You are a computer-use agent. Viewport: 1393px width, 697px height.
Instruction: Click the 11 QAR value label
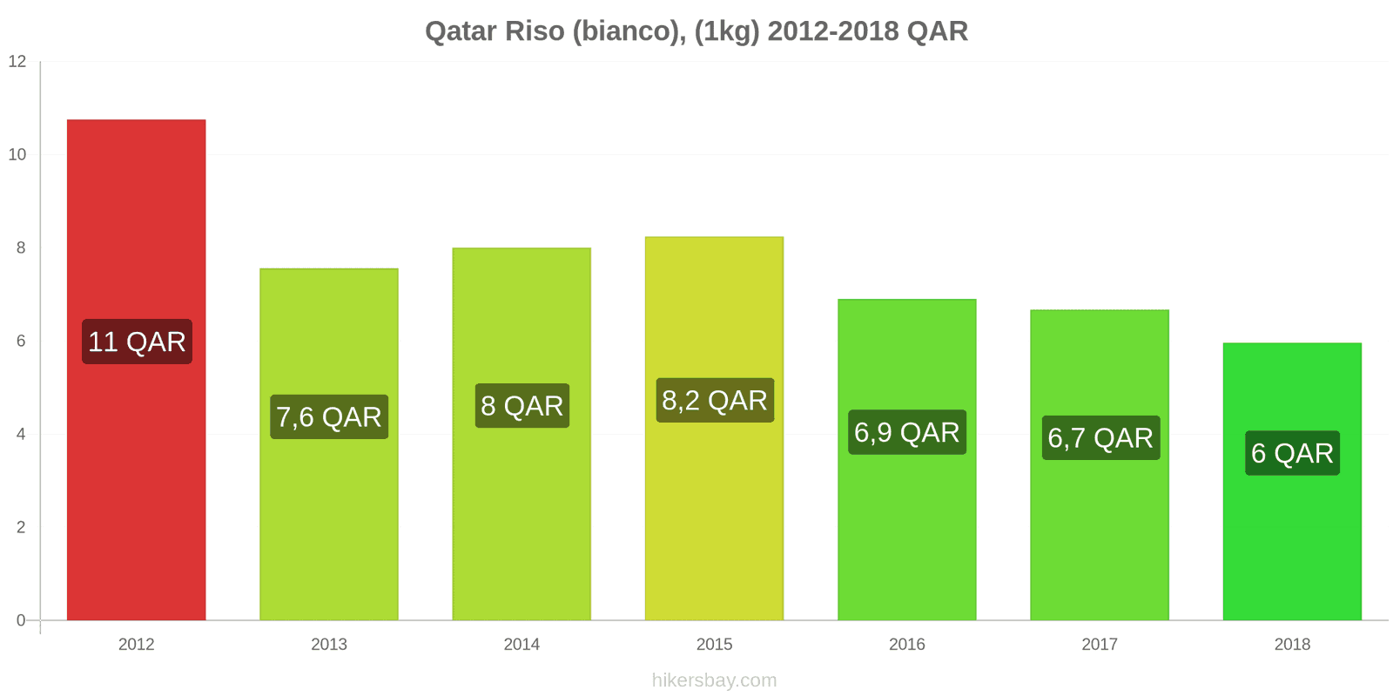pos(137,342)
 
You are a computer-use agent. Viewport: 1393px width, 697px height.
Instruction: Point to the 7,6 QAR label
pos(329,417)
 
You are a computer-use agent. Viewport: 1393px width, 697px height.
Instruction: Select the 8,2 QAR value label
pos(715,401)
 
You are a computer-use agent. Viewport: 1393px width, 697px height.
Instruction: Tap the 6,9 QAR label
pos(907,432)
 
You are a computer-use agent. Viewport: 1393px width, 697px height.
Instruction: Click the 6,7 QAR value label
pos(1100,437)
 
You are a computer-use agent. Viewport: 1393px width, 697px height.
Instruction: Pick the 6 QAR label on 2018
pos(1292,453)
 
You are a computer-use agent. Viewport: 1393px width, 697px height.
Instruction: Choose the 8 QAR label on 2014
pos(522,406)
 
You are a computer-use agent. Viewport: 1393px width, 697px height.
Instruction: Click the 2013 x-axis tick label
pos(329,645)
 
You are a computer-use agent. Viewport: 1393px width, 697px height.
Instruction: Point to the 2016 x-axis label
pos(907,645)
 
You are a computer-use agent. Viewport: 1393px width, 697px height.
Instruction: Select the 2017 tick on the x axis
pos(1100,645)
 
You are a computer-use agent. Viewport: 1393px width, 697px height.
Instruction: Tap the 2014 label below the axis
pos(522,645)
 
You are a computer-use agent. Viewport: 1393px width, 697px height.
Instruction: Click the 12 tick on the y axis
pos(17,62)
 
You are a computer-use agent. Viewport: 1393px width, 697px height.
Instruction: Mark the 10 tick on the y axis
pos(17,155)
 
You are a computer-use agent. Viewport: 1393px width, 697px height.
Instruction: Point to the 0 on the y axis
pos(21,620)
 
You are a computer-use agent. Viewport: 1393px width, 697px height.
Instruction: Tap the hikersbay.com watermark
pos(714,680)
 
